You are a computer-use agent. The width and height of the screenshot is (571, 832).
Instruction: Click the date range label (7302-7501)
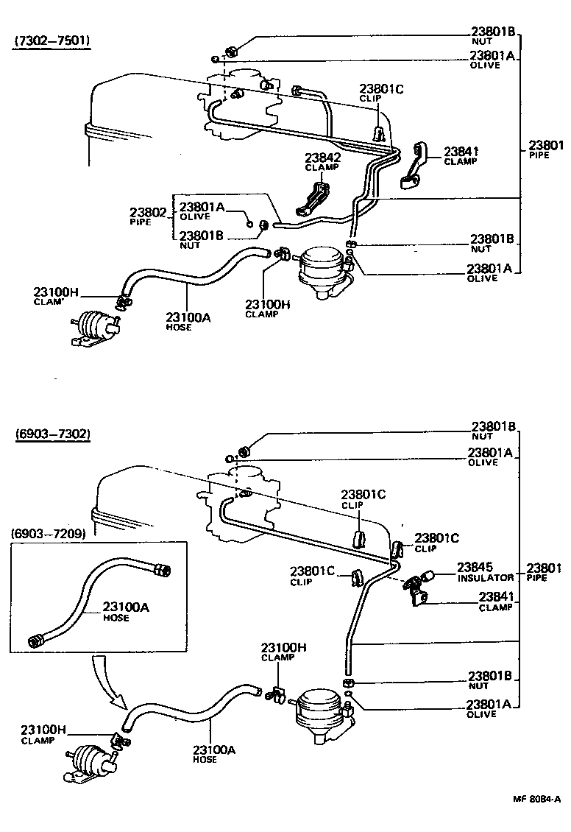(52, 40)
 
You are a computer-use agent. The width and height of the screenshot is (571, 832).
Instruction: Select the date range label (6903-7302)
(52, 434)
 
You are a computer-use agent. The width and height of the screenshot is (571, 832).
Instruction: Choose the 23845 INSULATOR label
(485, 571)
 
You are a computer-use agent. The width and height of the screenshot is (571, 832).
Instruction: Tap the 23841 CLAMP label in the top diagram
(461, 155)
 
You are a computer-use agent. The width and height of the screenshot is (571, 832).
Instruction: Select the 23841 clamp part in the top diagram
(415, 163)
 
